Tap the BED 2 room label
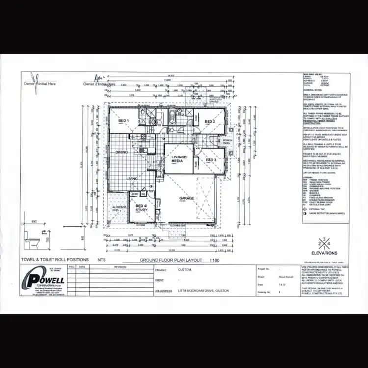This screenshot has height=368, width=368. click(210, 121)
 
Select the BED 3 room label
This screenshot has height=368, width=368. click(211, 160)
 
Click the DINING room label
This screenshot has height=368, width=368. click(122, 153)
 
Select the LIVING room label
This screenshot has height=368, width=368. click(132, 179)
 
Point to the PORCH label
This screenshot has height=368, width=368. click(227, 140)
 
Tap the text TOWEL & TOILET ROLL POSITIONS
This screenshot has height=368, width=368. click(54, 259)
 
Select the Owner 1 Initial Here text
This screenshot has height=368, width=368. click(40, 84)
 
